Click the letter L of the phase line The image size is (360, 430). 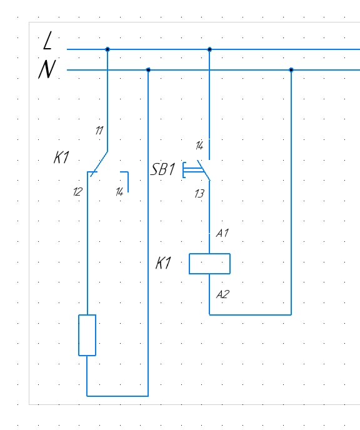click(x=47, y=40)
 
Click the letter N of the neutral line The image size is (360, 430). click(x=47, y=69)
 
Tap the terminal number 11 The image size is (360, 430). click(x=99, y=130)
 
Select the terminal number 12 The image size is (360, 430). click(x=77, y=192)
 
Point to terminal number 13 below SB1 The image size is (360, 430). click(x=199, y=194)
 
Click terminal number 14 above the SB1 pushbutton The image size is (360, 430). click(x=199, y=146)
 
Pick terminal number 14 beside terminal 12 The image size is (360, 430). click(x=119, y=192)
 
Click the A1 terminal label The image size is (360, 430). click(x=222, y=233)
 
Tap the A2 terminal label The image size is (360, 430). click(x=222, y=294)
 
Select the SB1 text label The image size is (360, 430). click(x=163, y=169)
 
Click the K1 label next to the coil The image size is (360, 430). click(x=163, y=263)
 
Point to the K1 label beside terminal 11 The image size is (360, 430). click(x=61, y=157)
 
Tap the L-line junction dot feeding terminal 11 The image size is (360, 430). click(x=107, y=49)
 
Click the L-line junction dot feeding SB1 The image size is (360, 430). click(x=209, y=49)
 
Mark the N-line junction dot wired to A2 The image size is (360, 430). click(x=291, y=70)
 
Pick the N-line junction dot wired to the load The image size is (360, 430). click(x=148, y=70)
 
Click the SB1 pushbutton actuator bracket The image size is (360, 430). click(x=183, y=170)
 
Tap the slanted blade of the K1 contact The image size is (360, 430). click(x=99, y=164)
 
